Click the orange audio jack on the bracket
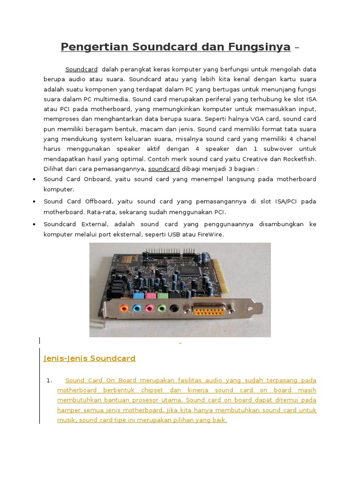(x=123, y=309)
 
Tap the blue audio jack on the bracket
(x=136, y=309)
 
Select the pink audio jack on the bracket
(x=149, y=308)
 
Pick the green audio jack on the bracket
(x=162, y=308)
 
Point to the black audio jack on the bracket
(x=174, y=308)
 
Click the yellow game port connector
(x=208, y=309)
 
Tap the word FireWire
(x=210, y=234)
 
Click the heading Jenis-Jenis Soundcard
(x=90, y=359)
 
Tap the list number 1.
(x=49, y=380)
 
